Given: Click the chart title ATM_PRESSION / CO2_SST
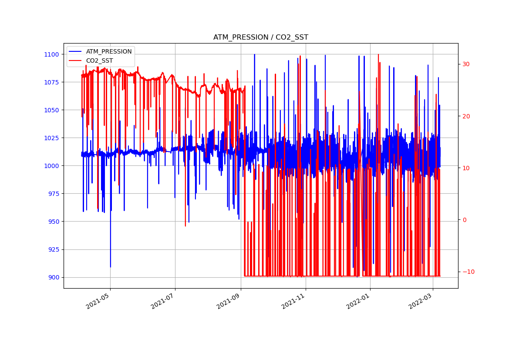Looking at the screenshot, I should pos(260,37).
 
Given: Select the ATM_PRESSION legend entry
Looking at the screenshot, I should pos(108,51).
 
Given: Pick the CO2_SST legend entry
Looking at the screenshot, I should pos(99,61).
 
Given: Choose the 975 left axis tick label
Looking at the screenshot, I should pos(53,194).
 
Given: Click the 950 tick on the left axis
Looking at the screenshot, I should pos(53,222).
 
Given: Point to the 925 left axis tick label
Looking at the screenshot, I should pos(53,249).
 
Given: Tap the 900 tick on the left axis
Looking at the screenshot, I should pos(53,277).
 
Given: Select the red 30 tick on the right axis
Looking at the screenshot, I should pos(466,64).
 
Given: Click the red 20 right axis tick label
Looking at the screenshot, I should pos(466,116).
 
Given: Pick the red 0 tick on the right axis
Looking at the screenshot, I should pos(464,220).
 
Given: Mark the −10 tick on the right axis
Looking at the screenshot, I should pos(468,272).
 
